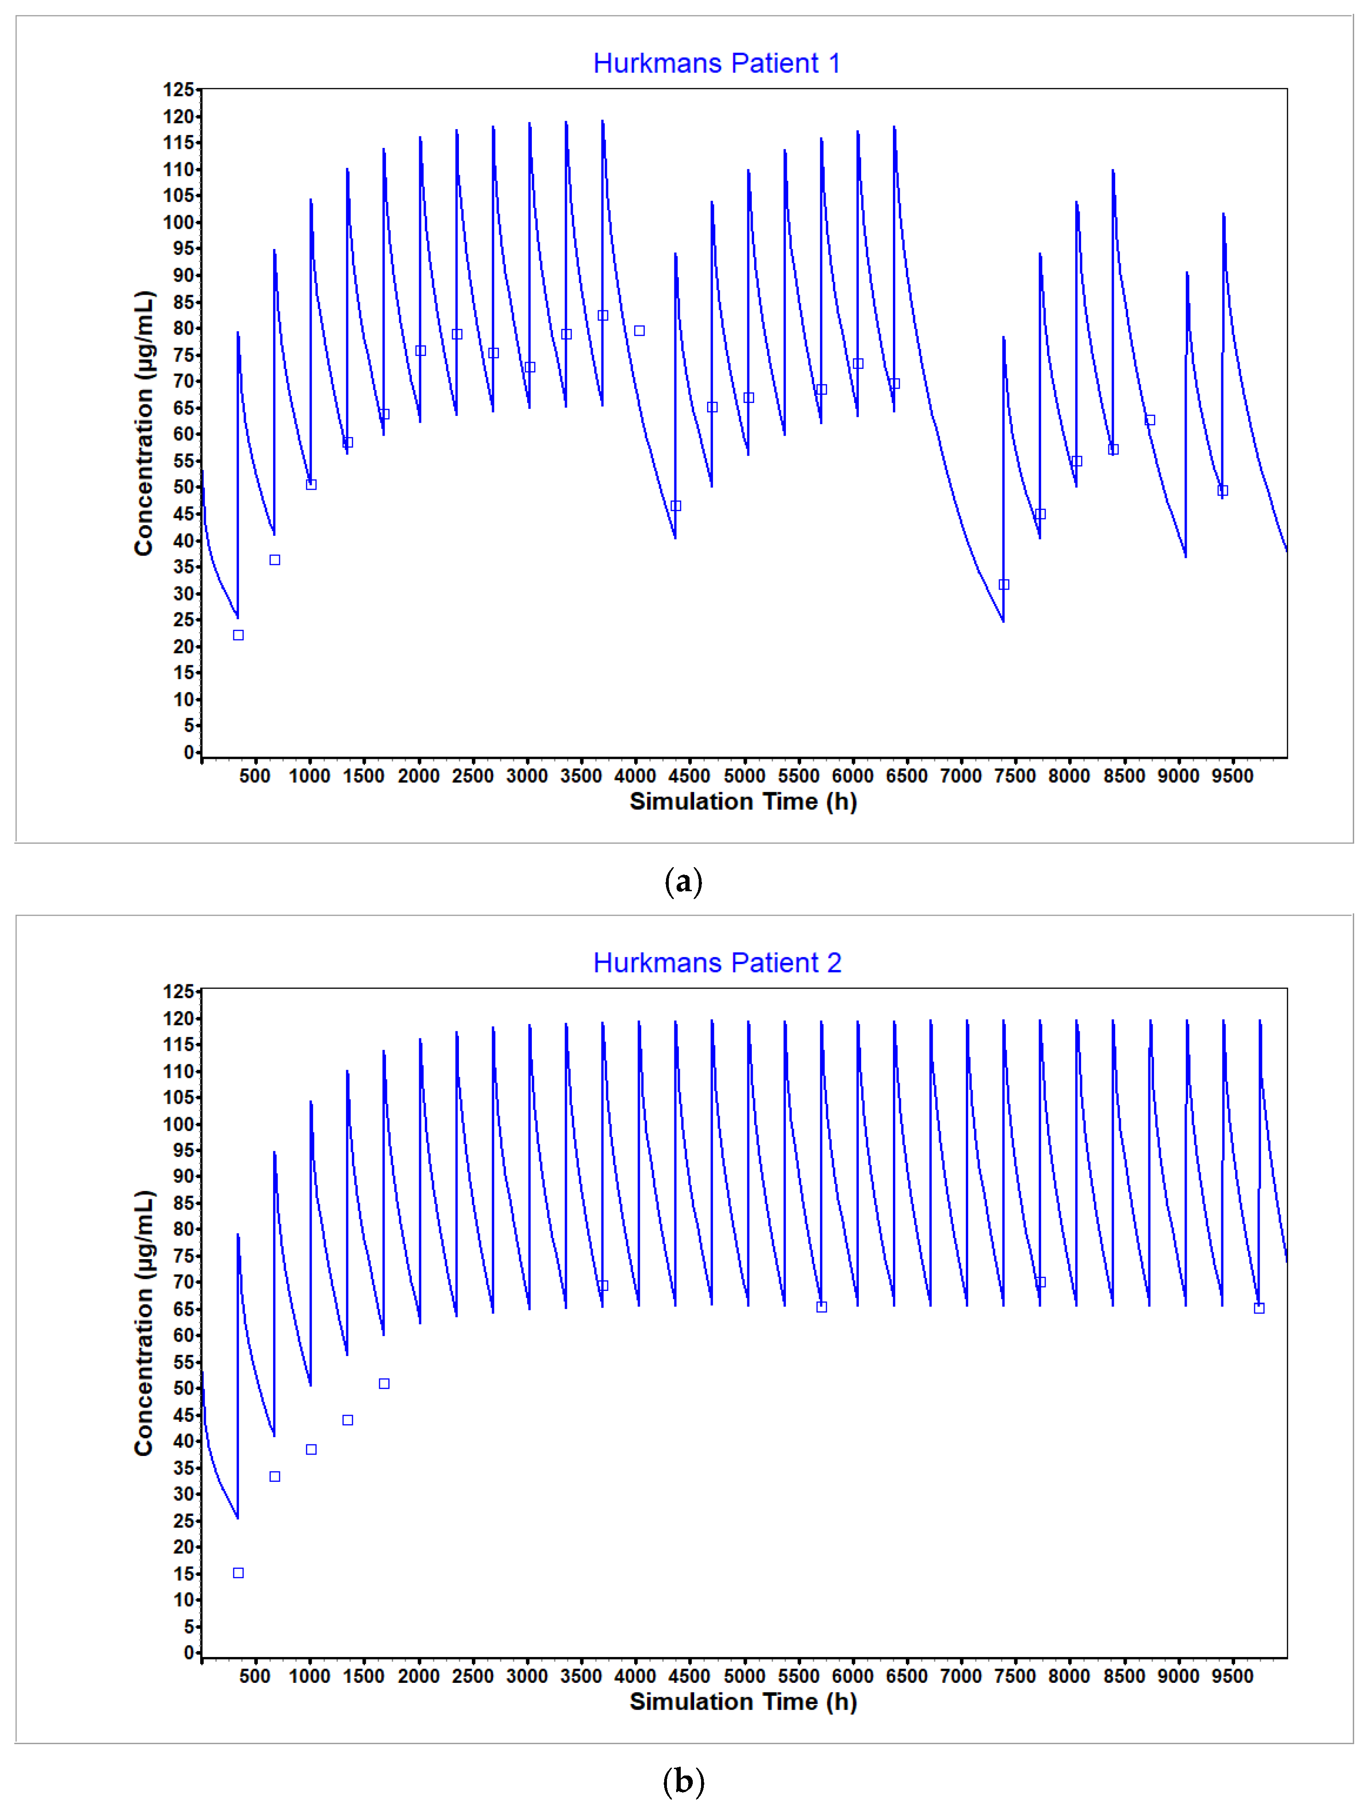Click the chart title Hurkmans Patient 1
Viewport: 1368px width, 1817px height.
[x=716, y=63]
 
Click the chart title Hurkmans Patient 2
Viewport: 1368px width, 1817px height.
[x=716, y=963]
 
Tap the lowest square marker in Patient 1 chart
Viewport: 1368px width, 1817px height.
[x=238, y=635]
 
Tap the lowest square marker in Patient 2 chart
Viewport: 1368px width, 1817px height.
[x=238, y=1573]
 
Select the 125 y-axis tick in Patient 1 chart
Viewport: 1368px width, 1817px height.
[x=178, y=89]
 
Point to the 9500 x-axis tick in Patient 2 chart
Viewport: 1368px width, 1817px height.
[x=1232, y=1676]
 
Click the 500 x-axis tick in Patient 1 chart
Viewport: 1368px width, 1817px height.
[x=255, y=776]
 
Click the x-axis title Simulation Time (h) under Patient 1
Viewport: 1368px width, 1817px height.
[x=743, y=802]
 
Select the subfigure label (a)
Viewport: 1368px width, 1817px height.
[x=683, y=882]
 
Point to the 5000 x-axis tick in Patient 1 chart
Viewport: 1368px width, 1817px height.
[x=744, y=776]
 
